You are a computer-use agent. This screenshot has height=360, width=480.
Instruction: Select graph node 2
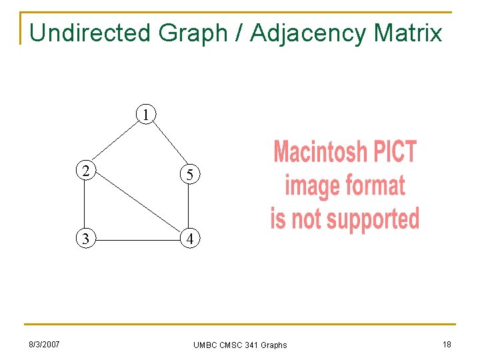85,170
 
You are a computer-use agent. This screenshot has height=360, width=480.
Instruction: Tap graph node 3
85,238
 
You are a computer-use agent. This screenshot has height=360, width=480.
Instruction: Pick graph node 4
190,239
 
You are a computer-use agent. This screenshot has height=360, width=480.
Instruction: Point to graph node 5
190,175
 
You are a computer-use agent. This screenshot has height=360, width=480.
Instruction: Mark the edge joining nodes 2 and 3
85,204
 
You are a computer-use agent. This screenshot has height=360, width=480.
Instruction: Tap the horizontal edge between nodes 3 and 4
137,239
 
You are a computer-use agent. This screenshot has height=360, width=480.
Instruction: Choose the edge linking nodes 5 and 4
190,207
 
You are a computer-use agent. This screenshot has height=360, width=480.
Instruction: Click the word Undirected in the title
91,32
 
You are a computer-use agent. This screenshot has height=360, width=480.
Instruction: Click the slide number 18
446,344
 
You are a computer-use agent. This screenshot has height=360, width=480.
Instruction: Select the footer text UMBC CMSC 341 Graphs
240,345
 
